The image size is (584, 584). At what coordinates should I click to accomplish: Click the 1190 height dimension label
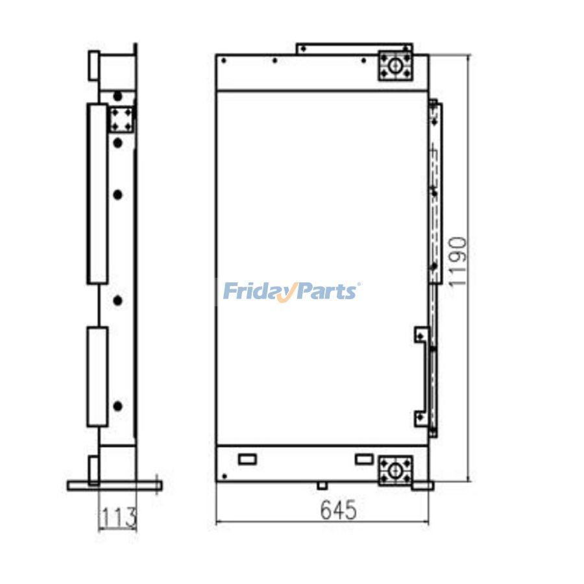457,262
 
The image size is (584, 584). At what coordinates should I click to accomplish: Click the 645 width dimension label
339,510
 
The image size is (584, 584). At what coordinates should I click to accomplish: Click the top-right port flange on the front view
395,66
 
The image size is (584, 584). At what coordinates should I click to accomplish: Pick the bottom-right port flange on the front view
395,471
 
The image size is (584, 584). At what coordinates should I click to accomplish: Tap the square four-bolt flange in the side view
121,119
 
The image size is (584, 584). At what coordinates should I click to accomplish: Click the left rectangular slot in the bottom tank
247,459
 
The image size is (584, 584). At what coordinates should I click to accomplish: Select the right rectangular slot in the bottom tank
364,459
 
